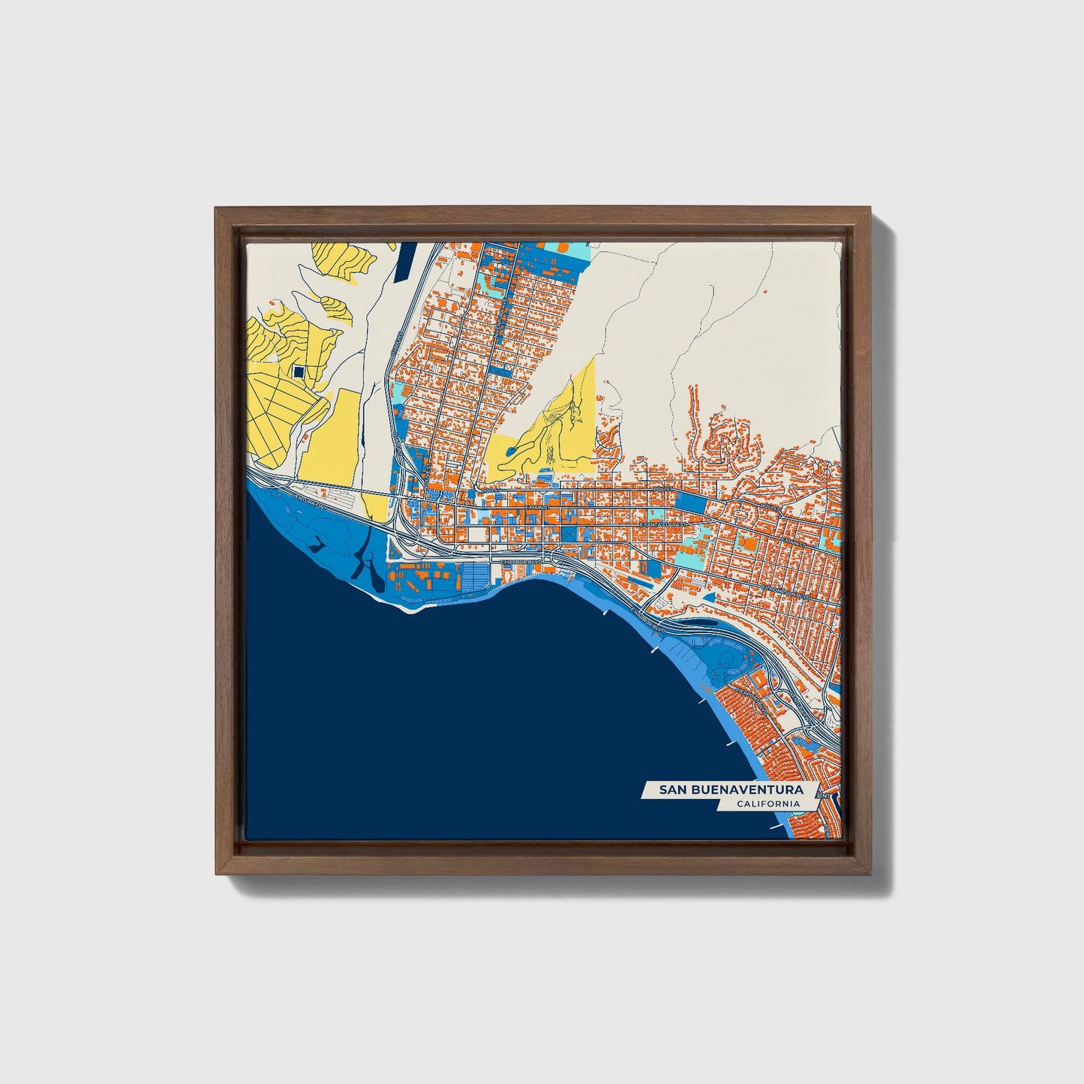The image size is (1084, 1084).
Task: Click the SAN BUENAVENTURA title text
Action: (730, 789)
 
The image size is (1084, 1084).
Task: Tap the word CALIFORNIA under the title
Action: (767, 804)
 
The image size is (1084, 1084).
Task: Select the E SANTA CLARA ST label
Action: (664, 524)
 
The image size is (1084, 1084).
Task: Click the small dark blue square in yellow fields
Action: (299, 371)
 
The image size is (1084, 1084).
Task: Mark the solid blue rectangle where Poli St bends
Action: (691, 503)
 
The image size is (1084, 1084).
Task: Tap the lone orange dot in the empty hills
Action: (764, 290)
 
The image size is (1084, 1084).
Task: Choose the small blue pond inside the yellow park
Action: (511, 450)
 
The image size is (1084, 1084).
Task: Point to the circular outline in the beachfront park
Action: (728, 661)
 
